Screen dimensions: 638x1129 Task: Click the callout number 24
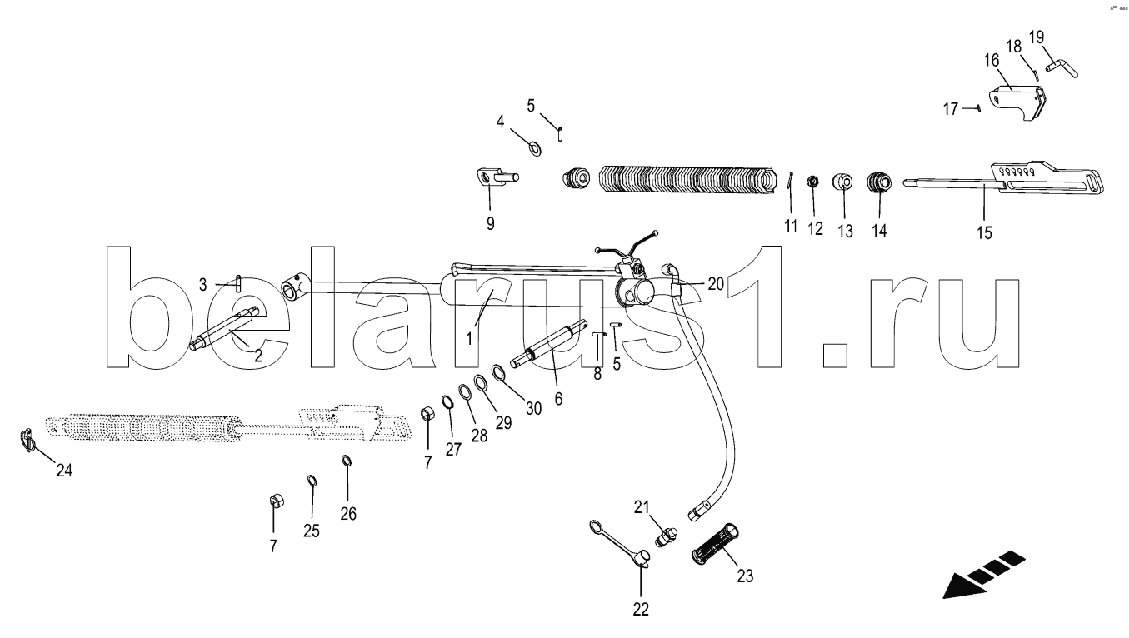[x=64, y=471]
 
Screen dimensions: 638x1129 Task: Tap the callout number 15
[x=984, y=232]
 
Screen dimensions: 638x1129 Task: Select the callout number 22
[x=640, y=609]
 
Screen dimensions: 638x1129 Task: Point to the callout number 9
[x=490, y=223]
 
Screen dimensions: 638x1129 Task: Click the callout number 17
[x=951, y=108]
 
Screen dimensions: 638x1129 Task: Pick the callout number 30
[x=532, y=408]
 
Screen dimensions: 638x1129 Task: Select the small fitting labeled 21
[x=666, y=536]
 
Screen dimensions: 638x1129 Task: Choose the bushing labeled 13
[x=844, y=182]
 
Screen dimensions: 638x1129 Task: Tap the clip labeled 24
[x=27, y=439]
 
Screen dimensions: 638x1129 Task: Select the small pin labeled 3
[x=239, y=282]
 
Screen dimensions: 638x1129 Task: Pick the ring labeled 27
[x=447, y=404]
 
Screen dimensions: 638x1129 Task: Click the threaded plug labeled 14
[x=878, y=182]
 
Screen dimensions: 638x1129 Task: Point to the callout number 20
[x=715, y=284]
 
